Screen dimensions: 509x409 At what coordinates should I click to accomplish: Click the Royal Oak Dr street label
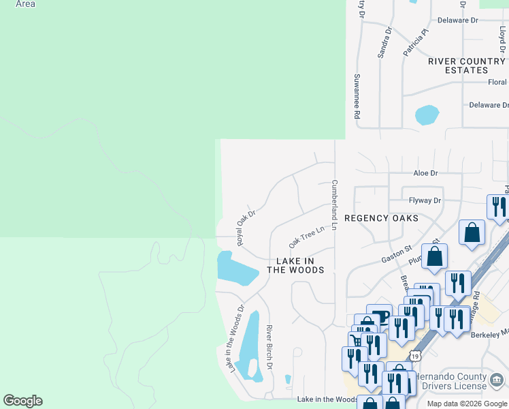tap(245, 228)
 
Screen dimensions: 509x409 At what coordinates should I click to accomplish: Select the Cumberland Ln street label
tap(334, 205)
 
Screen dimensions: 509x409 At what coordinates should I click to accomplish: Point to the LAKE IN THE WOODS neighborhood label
tap(295, 265)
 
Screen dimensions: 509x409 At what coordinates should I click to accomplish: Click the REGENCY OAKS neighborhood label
tap(380, 218)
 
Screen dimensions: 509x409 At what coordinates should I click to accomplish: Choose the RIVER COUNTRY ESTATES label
tap(467, 65)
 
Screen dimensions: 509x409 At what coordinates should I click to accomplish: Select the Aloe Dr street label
tap(425, 174)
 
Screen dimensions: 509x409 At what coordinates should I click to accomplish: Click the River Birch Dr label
tap(269, 347)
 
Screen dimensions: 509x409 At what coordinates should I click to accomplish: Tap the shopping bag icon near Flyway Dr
tap(472, 233)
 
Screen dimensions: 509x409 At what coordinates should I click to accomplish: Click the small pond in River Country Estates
tap(427, 115)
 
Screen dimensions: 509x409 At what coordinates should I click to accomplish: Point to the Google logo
tap(22, 401)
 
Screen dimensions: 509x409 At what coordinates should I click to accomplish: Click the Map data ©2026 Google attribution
tap(467, 404)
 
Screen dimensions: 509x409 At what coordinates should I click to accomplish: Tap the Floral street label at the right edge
tap(497, 82)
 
